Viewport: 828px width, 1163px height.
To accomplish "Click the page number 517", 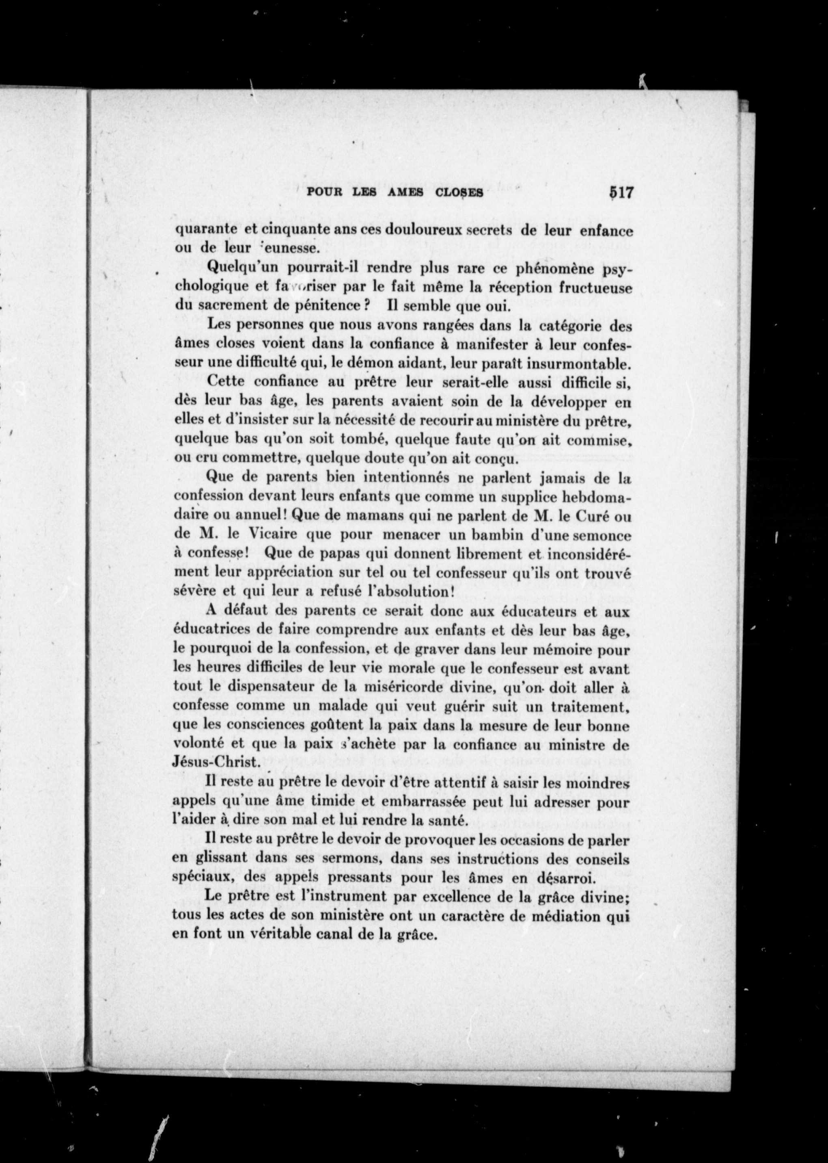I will tap(619, 193).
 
